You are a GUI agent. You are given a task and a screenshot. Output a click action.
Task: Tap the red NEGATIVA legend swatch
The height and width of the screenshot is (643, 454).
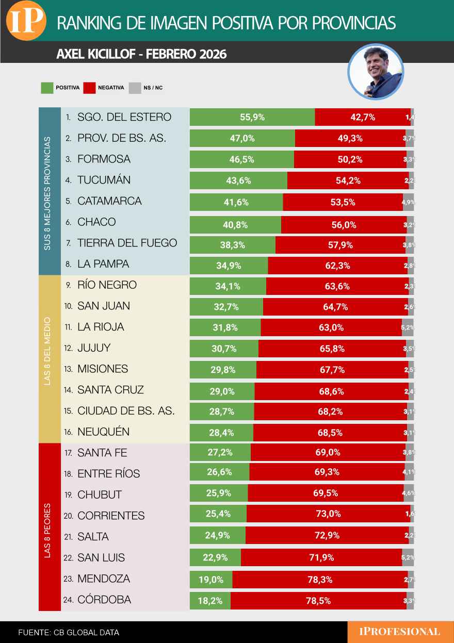coord(90,88)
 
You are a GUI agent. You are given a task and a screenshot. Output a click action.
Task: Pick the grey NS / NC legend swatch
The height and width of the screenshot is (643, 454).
coord(134,88)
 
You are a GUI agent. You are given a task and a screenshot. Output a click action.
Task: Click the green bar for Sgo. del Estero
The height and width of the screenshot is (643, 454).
coord(252,117)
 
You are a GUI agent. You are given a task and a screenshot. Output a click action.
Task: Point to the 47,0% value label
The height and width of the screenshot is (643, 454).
coord(242,138)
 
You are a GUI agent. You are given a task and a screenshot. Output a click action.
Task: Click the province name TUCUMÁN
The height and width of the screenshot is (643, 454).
coord(104,180)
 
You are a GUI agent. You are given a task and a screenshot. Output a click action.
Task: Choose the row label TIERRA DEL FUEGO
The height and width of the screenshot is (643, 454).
coord(127,243)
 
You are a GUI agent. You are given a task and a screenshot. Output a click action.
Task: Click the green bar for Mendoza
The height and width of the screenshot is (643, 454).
coord(211,580)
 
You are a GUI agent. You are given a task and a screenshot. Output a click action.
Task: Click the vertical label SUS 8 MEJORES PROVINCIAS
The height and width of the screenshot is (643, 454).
coord(47,192)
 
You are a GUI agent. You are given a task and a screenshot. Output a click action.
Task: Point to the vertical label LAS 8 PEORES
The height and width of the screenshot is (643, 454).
coord(47,530)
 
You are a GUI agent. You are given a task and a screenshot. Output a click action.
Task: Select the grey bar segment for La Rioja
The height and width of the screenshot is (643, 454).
coord(408,327)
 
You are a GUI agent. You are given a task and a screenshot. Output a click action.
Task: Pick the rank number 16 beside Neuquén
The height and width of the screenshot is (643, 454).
coord(68,432)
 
